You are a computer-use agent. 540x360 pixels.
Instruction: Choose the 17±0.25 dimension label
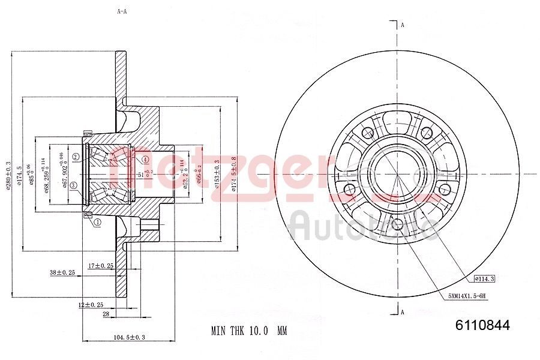click(x=101, y=265)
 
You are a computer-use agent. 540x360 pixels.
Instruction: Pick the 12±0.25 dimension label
click(x=90, y=304)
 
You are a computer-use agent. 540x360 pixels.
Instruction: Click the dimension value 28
click(x=105, y=314)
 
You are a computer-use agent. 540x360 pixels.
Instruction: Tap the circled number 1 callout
click(x=97, y=222)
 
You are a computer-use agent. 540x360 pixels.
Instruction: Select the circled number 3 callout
click(x=73, y=185)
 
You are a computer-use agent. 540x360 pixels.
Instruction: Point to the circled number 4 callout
click(x=145, y=159)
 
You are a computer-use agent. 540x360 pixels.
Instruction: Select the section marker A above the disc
click(x=403, y=25)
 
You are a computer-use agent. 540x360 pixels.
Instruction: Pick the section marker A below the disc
click(x=403, y=311)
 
